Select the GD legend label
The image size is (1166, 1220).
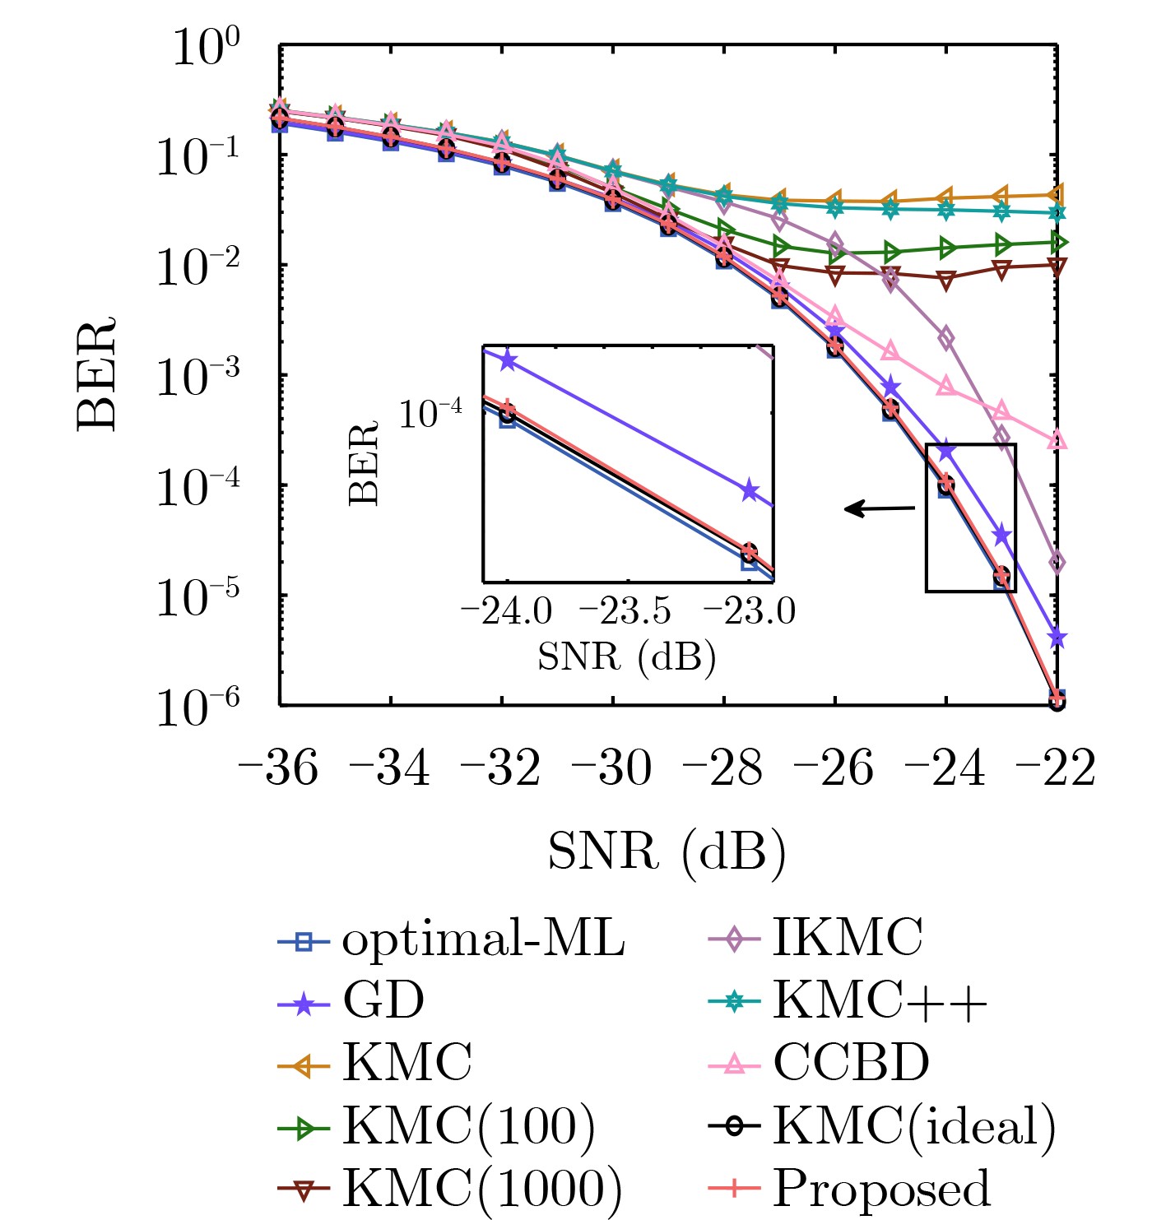tap(383, 1001)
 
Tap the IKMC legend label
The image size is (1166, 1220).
tap(847, 938)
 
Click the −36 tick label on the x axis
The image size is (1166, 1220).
tap(278, 768)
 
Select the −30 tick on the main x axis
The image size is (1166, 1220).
tap(611, 768)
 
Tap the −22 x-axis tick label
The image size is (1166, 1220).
tap(1056, 768)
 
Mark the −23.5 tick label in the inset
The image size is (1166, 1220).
tap(625, 612)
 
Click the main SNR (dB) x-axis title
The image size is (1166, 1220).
tap(667, 852)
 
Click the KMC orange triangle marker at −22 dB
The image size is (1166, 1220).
tap(1057, 195)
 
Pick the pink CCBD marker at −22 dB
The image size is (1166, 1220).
tap(1057, 441)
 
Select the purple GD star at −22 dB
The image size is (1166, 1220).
tap(1057, 638)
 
